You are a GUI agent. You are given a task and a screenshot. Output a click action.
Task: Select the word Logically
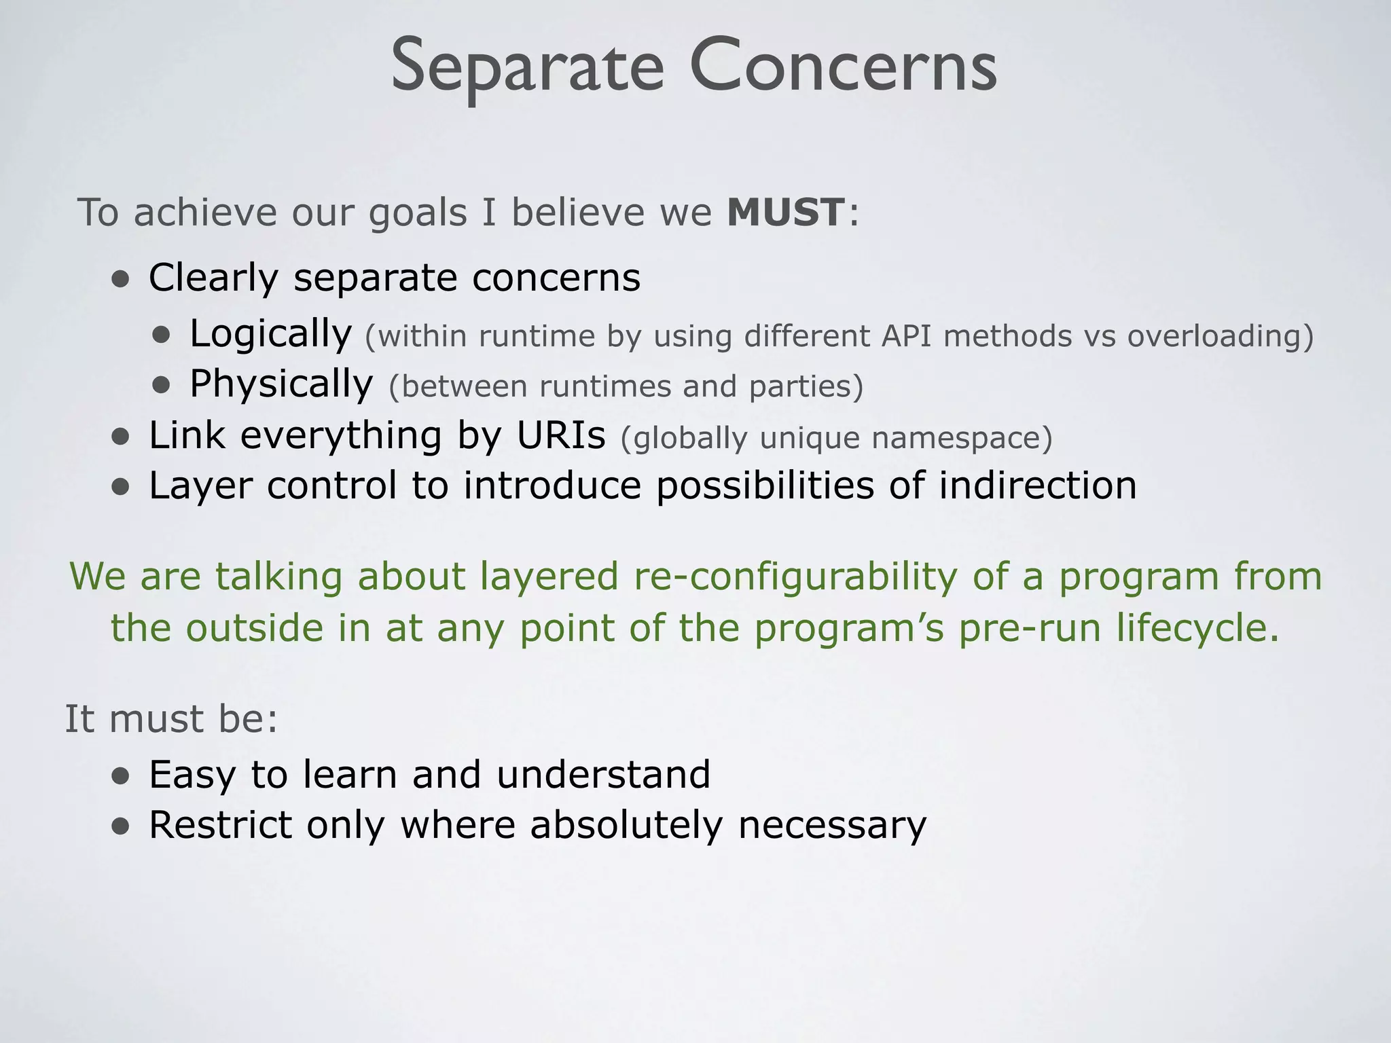pos(270,334)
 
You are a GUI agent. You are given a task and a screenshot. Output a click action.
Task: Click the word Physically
pos(281,384)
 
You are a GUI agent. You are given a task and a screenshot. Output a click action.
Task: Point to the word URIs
pos(560,435)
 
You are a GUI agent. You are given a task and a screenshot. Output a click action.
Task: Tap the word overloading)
pos(1221,336)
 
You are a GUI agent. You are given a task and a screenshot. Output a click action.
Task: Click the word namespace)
pos(962,438)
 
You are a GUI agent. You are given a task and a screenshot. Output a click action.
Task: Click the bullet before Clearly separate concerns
pos(121,279)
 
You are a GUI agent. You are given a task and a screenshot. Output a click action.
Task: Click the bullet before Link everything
pos(121,437)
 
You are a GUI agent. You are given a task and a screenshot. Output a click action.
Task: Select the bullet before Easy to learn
pos(121,776)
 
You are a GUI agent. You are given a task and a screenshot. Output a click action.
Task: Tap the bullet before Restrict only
pos(121,826)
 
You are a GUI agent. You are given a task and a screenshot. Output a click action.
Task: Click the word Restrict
pos(220,825)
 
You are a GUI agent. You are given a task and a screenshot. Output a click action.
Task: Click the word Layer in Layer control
pos(200,487)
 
